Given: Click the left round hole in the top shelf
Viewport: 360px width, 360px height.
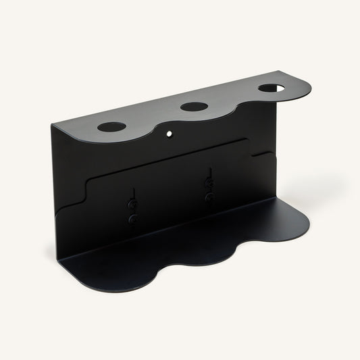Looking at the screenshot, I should [111, 126].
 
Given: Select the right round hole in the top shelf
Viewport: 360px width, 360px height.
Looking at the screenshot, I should [271, 88].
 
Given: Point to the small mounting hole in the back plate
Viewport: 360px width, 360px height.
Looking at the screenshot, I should [170, 133].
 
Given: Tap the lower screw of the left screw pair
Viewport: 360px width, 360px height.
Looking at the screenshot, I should [133, 219].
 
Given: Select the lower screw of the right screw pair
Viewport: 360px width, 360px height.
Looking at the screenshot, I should [209, 197].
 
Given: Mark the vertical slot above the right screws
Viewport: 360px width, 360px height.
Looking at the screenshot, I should [210, 174].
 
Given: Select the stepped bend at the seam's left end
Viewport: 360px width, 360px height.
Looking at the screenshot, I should [88, 186].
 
